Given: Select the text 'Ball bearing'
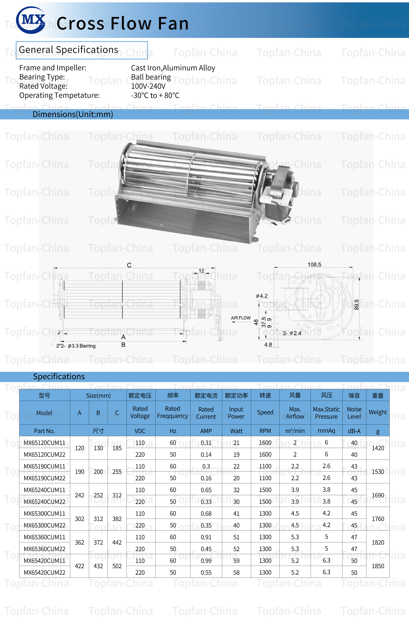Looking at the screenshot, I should click(x=151, y=77).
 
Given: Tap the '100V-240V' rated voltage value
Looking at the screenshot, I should click(x=148, y=86).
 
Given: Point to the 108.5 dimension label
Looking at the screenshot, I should click(x=314, y=264).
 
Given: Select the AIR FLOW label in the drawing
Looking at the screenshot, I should click(x=241, y=318).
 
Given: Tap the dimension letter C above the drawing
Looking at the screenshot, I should click(x=129, y=265).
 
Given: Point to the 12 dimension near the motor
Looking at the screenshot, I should click(x=201, y=271).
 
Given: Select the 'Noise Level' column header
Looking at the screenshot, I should click(x=354, y=413).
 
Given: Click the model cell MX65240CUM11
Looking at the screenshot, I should click(x=44, y=490).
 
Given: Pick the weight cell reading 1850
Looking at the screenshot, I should click(x=378, y=566).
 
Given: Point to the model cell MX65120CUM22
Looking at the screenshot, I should click(x=44, y=454).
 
